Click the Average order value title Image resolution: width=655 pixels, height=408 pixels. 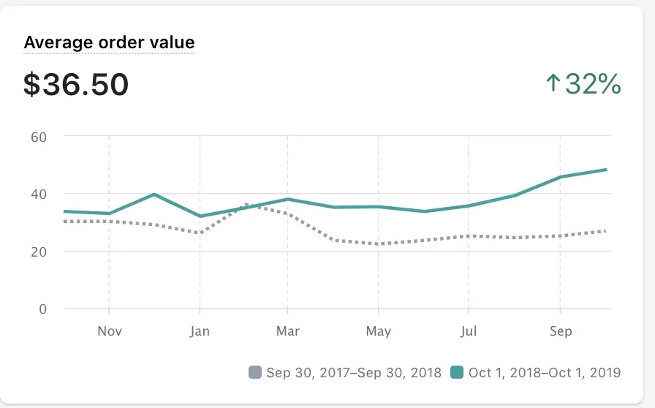(109, 42)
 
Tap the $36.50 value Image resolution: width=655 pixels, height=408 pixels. (76, 85)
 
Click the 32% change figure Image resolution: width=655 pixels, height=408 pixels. (593, 85)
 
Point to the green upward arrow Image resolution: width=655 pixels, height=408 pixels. (553, 84)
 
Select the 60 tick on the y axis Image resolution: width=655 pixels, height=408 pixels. (38, 136)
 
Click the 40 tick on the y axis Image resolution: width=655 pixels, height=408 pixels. (38, 194)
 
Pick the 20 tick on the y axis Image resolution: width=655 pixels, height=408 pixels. (38, 252)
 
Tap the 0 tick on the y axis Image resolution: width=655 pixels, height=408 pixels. (42, 309)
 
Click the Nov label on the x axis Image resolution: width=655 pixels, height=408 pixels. (109, 331)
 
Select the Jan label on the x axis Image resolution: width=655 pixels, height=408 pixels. (199, 331)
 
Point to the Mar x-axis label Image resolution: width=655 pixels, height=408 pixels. (288, 331)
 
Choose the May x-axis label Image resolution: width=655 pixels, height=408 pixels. (379, 331)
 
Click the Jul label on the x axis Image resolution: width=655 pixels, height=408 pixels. (469, 331)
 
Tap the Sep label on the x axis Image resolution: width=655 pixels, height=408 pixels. (561, 331)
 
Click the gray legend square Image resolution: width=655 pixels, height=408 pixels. (254, 373)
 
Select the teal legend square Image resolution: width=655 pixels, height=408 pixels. (457, 373)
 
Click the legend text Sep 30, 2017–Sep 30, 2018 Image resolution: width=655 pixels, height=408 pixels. (354, 373)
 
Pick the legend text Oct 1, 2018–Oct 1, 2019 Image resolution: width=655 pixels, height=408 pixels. (545, 373)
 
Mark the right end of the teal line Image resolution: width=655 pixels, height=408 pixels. (606, 170)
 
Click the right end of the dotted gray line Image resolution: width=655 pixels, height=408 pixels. (605, 231)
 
